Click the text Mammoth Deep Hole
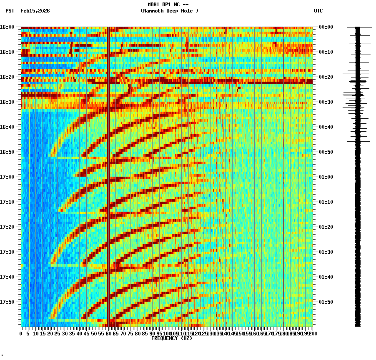click(169, 11)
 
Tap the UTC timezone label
click(318, 11)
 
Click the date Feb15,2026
click(35, 11)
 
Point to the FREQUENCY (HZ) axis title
click(171, 338)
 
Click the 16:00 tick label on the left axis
click(7, 27)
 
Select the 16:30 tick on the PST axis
click(7, 102)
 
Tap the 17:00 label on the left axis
click(7, 177)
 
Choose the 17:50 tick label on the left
click(7, 302)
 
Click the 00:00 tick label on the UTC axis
click(326, 27)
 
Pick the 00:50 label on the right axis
click(326, 152)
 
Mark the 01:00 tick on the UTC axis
click(326, 177)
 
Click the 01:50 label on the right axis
click(326, 302)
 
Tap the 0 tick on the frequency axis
click(21, 334)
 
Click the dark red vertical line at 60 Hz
click(108, 175)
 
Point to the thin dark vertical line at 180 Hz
click(283, 175)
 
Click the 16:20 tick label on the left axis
click(7, 77)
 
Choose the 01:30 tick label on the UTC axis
click(326, 252)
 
